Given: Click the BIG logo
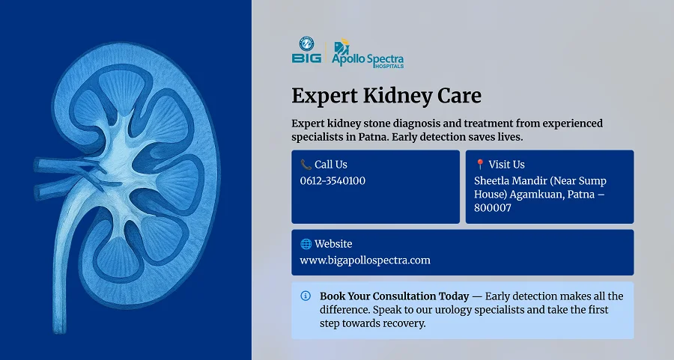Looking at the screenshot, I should coord(306,50).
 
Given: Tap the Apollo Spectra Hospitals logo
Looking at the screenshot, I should coord(368,54).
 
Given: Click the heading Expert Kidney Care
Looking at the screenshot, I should coord(386,96).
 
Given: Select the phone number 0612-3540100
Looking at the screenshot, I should coord(333,180).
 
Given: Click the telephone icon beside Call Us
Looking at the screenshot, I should coord(306,165).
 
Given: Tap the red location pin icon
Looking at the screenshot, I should coord(480,165).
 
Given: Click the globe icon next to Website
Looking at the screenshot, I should coord(306,244).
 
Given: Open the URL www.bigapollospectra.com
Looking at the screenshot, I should coord(365,260).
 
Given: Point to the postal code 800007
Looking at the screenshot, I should coord(493,207).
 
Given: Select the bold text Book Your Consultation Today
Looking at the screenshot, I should coord(394,296).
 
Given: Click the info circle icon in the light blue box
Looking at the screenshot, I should coord(306,296).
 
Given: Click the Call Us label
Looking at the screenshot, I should coord(331,165).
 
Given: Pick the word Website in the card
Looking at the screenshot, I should coord(333,244).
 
